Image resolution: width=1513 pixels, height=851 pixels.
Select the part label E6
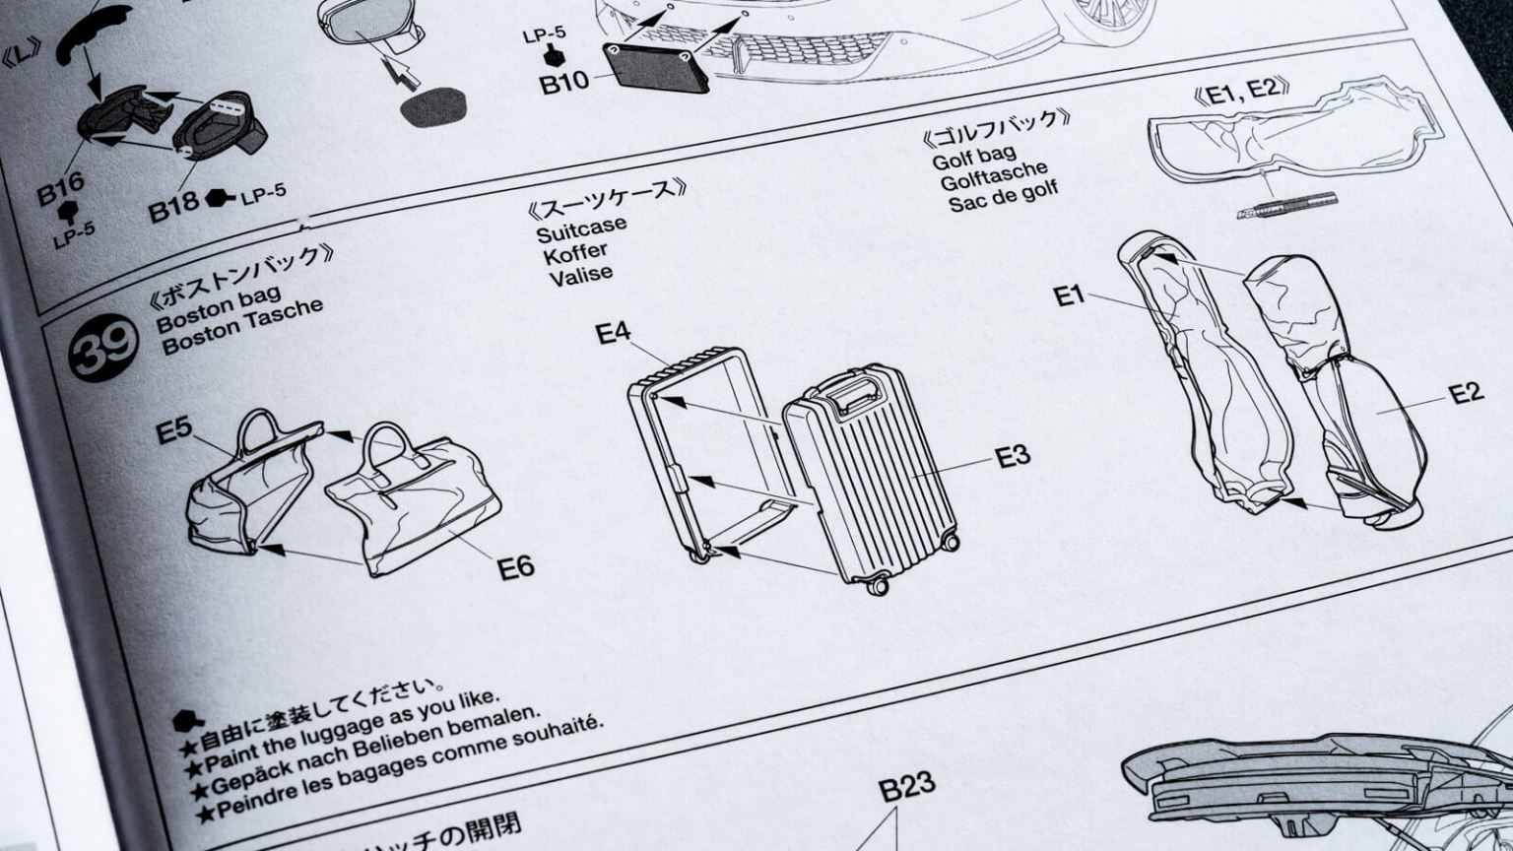(x=515, y=567)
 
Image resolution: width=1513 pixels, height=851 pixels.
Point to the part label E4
(x=613, y=333)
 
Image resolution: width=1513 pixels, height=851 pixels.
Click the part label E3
(x=1012, y=456)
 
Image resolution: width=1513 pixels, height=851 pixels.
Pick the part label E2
(x=1466, y=393)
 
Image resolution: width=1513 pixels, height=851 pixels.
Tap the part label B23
(x=906, y=788)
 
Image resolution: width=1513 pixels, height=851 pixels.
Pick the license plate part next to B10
(x=655, y=67)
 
